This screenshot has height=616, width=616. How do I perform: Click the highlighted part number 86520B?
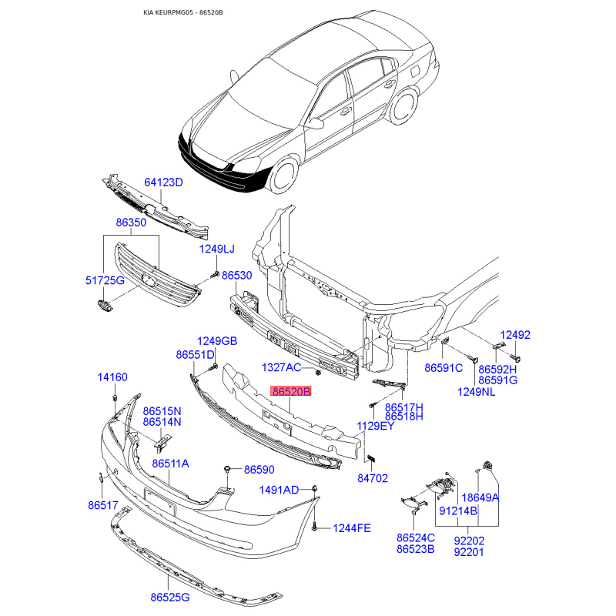tap(290, 392)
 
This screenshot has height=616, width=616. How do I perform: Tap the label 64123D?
tap(163, 182)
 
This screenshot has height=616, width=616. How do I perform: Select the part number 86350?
tap(131, 223)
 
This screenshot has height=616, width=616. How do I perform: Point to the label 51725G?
tap(104, 280)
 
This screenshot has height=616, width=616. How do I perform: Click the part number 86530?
tap(237, 275)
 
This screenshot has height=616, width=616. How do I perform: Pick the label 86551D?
tap(195, 355)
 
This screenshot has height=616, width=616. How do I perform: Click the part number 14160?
tap(112, 377)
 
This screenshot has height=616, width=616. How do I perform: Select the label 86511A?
tap(170, 464)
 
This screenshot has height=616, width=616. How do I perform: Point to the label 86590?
tap(259, 469)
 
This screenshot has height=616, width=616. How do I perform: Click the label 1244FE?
tap(352, 528)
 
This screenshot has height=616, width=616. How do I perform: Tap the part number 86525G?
tap(170, 597)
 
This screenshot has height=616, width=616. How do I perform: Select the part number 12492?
tap(515, 335)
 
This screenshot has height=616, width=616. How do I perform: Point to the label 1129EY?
tap(375, 426)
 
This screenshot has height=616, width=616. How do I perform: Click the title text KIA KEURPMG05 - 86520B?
tap(188, 14)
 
